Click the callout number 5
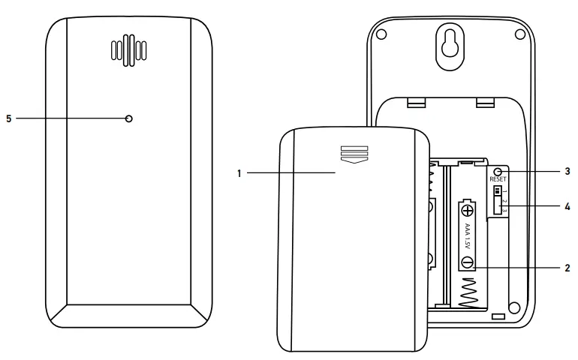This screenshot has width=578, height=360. (9, 118)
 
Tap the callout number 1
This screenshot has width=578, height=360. (239, 173)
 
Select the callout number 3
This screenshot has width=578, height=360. (567, 171)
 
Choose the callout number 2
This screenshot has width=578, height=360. (567, 266)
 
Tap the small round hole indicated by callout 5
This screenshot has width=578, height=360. (129, 118)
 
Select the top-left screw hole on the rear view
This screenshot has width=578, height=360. (381, 34)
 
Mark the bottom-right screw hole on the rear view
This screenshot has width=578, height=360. (513, 307)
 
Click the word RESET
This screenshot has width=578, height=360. (498, 179)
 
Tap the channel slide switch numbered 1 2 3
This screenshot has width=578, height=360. (497, 199)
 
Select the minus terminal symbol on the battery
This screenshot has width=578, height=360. (467, 262)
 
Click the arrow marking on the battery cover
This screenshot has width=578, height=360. (353, 154)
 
